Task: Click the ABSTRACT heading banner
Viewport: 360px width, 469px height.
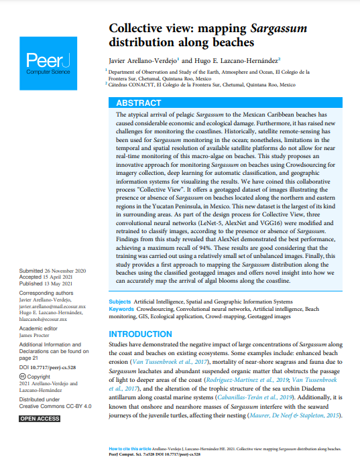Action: [138, 103]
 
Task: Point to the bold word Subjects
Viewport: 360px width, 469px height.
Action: [119, 302]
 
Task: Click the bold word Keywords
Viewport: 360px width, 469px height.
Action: [121, 310]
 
